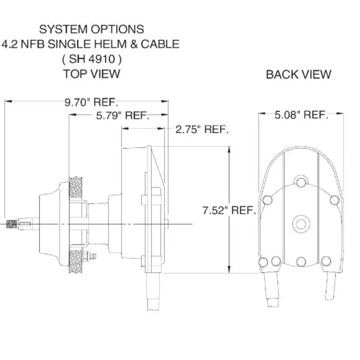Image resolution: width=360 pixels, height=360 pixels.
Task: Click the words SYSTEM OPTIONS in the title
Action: pos(91,29)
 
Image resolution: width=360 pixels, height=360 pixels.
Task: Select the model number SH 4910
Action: pos(91,58)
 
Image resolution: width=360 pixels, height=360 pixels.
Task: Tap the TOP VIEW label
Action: pos(91,73)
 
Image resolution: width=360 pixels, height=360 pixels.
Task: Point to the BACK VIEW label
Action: pos(298,74)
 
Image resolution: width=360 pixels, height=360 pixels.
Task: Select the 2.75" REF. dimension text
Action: pos(202,130)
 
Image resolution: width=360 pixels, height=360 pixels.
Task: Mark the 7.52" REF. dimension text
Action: pos(229,210)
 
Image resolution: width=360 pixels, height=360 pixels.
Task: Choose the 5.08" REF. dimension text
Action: pos(301,115)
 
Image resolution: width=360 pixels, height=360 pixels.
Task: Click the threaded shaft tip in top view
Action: pos(12,223)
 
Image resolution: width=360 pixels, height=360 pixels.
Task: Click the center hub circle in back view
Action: pos(300,223)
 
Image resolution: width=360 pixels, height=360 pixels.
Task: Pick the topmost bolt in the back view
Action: pos(300,182)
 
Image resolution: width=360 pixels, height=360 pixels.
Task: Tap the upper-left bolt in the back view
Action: pos(267,200)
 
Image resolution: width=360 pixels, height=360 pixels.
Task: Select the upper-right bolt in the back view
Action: pos(334,200)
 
